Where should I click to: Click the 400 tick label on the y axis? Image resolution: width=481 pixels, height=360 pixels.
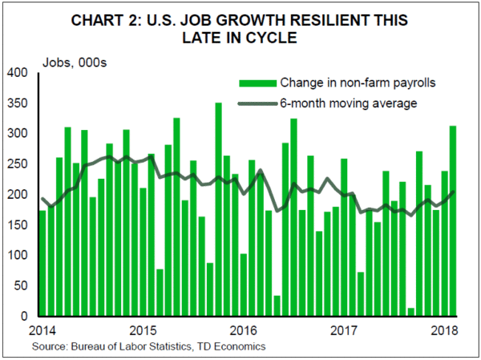point(18,73)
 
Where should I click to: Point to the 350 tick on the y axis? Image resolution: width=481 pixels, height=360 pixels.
point(18,103)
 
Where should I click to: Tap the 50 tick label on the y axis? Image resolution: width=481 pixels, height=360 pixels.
point(22,286)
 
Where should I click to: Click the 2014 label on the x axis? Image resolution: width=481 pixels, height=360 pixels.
point(42,330)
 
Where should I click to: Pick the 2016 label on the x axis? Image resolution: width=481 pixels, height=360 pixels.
point(243,330)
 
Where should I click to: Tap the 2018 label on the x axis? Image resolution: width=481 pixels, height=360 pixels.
point(443,330)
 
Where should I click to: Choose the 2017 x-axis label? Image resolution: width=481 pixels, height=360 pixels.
point(343,330)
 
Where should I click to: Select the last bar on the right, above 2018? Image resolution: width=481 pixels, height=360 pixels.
point(452,221)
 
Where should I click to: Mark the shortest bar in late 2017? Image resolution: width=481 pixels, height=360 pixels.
point(410,312)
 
